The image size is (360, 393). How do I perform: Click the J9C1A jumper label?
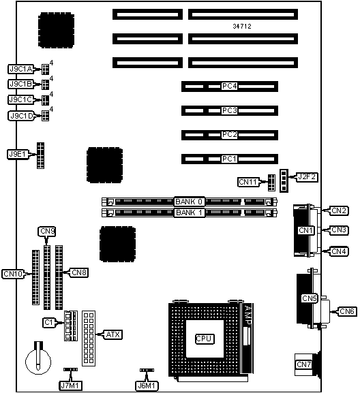point(21,69)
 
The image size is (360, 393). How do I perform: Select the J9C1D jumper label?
point(21,116)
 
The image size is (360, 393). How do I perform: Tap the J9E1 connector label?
point(17,154)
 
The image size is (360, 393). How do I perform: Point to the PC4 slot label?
point(230,87)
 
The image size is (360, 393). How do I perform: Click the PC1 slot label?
point(230,159)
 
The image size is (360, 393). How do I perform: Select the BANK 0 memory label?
point(189,202)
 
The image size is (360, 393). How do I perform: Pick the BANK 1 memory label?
point(189,213)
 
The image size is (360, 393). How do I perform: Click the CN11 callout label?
point(248,182)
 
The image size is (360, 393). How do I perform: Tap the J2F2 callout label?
point(307,177)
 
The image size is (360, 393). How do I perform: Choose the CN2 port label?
point(338,210)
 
